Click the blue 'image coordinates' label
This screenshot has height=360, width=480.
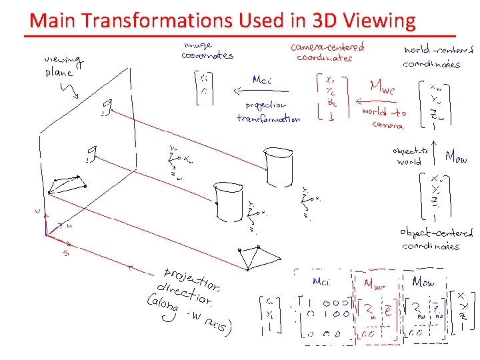[207, 50]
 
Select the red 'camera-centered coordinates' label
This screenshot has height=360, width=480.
[327, 52]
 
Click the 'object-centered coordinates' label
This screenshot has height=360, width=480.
[436, 239]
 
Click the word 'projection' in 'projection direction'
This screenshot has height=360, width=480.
[191, 279]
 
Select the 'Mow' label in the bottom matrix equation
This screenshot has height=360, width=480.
[423, 282]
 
